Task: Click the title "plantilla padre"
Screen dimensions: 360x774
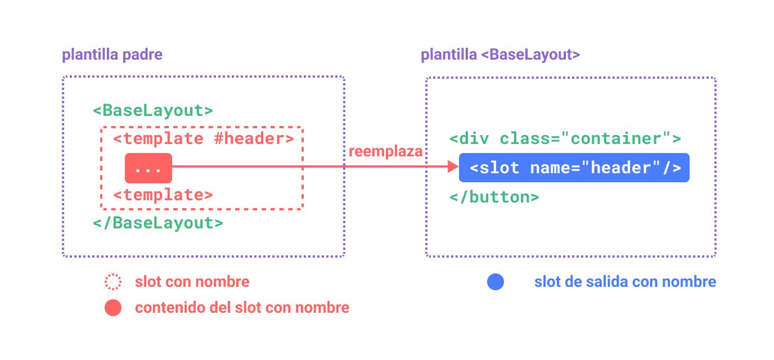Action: tap(112, 55)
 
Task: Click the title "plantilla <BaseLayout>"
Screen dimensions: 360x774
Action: tap(500, 55)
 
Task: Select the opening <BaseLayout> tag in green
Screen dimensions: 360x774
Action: tap(153, 110)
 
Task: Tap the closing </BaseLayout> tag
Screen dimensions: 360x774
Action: tap(158, 223)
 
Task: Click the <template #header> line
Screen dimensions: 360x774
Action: tap(203, 138)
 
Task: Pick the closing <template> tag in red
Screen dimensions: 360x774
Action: tap(163, 195)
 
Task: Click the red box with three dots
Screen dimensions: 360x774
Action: tap(148, 168)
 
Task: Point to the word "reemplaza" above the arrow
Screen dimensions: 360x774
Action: tap(385, 152)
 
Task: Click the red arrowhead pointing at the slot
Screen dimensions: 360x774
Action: tap(453, 166)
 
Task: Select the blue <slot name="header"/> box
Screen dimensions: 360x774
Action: tap(574, 168)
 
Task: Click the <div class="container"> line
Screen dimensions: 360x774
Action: tap(565, 138)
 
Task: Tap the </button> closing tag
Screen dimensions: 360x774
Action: tap(494, 197)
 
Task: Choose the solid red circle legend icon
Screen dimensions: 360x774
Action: tap(113, 308)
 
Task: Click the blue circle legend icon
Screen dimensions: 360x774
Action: tap(495, 282)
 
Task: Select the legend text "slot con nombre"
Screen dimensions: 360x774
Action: tap(192, 282)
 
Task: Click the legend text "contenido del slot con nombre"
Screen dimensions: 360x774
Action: tap(242, 308)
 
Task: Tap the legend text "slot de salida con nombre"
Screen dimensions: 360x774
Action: tap(625, 282)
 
